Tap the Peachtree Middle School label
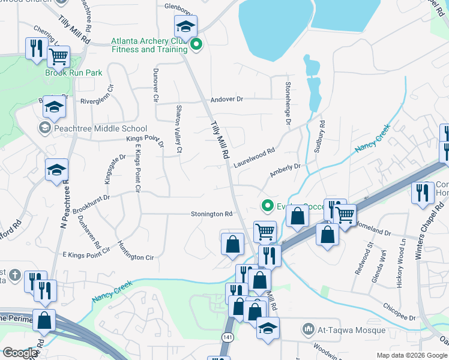pos(100,128)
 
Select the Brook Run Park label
pos(73,73)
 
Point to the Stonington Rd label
pos(211,214)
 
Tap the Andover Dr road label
pos(226,99)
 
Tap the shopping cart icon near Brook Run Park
pos(58,57)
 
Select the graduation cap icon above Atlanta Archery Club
pos(185,26)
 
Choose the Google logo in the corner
pos(19,353)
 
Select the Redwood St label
pos(364,257)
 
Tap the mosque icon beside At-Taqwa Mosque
pos(309,329)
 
